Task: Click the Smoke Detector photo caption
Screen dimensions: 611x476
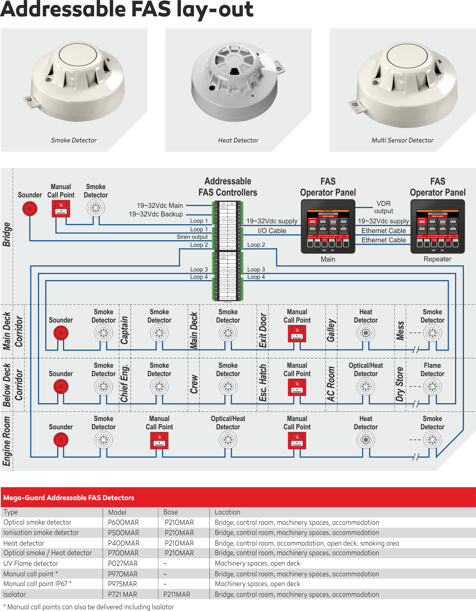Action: click(x=74, y=140)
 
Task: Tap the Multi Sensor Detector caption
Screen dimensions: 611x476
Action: click(x=402, y=140)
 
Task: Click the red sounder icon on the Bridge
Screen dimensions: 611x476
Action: click(x=30, y=208)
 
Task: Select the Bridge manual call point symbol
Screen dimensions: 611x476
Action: click(x=61, y=208)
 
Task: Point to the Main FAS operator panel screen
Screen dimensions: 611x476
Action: click(x=328, y=226)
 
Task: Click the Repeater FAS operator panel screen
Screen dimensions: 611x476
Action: click(x=437, y=226)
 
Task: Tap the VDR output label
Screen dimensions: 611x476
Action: click(x=383, y=207)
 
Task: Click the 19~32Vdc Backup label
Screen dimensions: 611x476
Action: click(x=156, y=214)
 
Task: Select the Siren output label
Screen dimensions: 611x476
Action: click(x=192, y=237)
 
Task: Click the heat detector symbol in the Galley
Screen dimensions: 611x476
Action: click(x=366, y=333)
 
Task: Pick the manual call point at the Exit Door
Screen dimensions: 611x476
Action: click(x=297, y=334)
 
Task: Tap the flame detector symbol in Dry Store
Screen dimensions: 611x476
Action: click(x=432, y=387)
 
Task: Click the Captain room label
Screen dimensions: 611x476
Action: click(x=125, y=330)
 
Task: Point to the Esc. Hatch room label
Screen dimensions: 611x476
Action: click(x=263, y=383)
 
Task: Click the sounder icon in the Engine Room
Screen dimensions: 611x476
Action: click(x=61, y=440)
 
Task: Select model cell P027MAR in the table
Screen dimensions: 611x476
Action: click(x=123, y=563)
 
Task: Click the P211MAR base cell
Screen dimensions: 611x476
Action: click(x=177, y=594)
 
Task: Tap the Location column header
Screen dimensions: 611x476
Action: click(x=227, y=512)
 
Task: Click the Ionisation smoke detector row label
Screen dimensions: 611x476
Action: click(x=41, y=533)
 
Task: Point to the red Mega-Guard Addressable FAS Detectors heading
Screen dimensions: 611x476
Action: click(x=69, y=497)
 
